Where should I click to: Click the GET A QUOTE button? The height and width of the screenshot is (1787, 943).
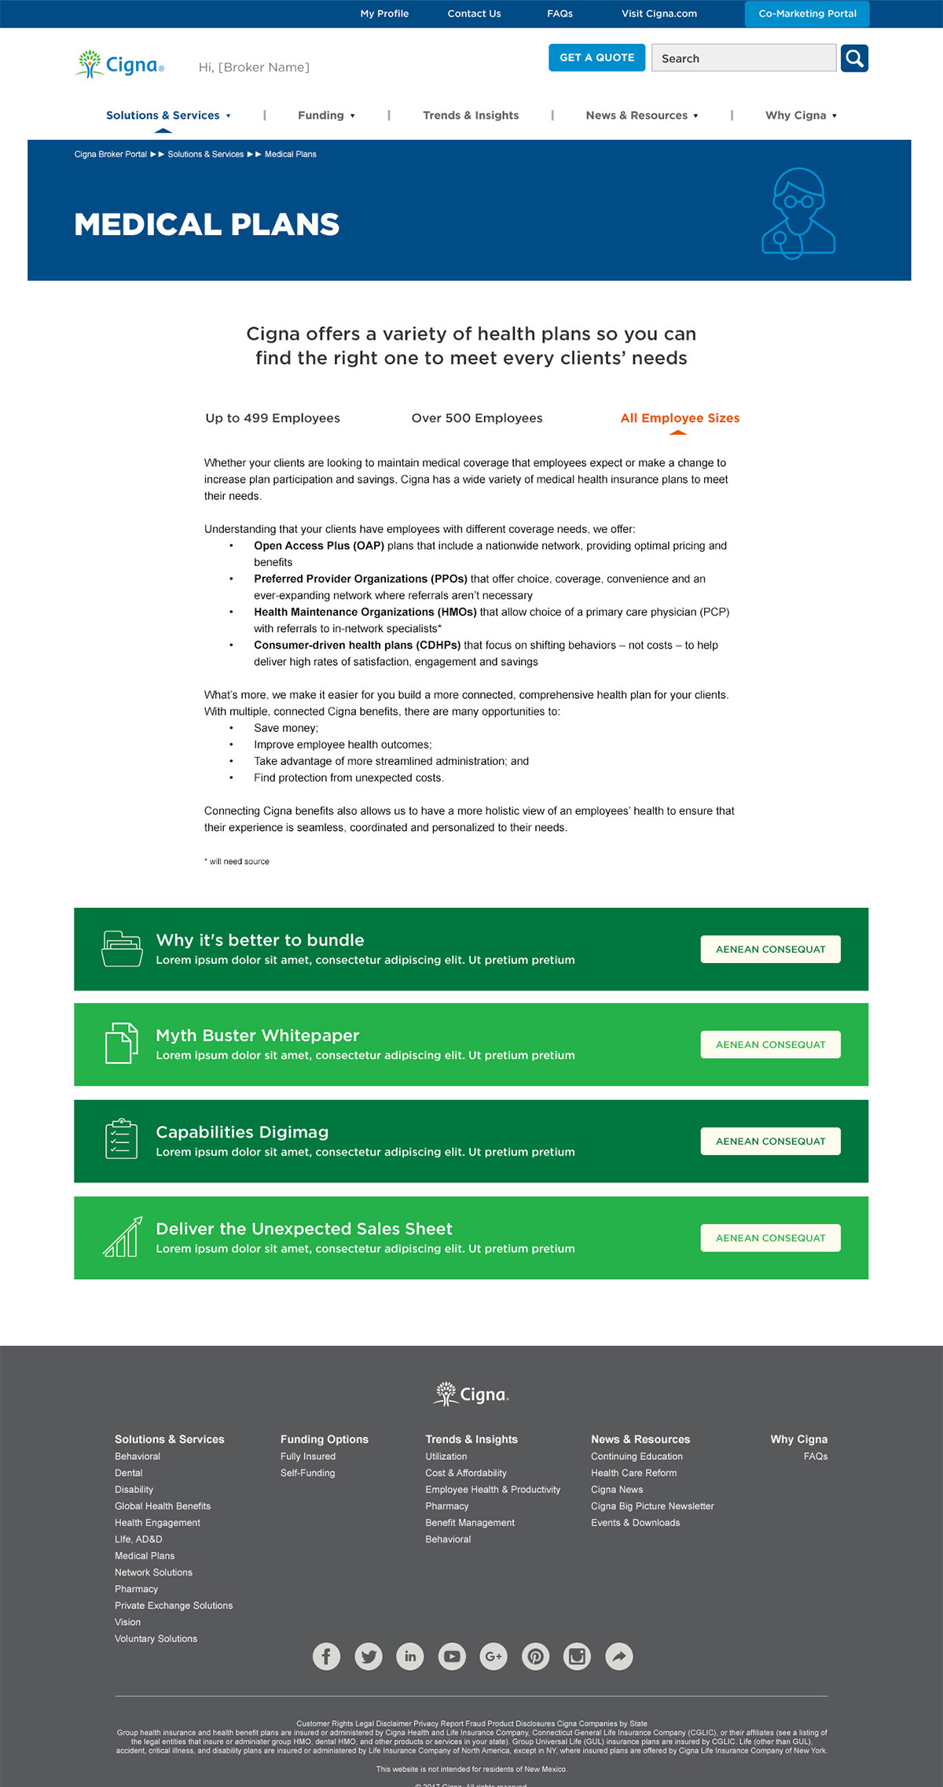[596, 57]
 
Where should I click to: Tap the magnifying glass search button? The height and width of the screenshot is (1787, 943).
[854, 58]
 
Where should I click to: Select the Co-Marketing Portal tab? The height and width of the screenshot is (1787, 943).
[807, 13]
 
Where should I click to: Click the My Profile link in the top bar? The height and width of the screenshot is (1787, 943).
[384, 13]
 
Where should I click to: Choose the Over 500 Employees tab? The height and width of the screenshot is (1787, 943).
[477, 418]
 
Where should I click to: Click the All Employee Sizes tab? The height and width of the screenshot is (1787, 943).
[680, 418]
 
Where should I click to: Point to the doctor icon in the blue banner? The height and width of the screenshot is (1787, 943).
[798, 212]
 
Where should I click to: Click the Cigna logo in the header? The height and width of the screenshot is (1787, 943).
[120, 64]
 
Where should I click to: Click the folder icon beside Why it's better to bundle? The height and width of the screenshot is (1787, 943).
[122, 948]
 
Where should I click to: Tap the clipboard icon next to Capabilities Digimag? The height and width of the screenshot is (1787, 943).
[121, 1138]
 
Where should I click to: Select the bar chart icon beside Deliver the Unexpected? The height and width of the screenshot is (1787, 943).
[123, 1237]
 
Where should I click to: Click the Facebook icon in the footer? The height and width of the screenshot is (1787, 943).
[326, 1656]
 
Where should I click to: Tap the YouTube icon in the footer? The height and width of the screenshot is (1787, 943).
[452, 1656]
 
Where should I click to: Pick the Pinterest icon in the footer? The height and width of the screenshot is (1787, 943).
[535, 1656]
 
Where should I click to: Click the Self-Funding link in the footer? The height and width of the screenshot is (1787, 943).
[307, 1473]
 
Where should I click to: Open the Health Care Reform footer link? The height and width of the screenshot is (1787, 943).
[633, 1473]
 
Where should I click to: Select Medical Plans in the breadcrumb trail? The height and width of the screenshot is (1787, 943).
[290, 154]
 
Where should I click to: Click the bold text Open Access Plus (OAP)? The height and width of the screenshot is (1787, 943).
[318, 546]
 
